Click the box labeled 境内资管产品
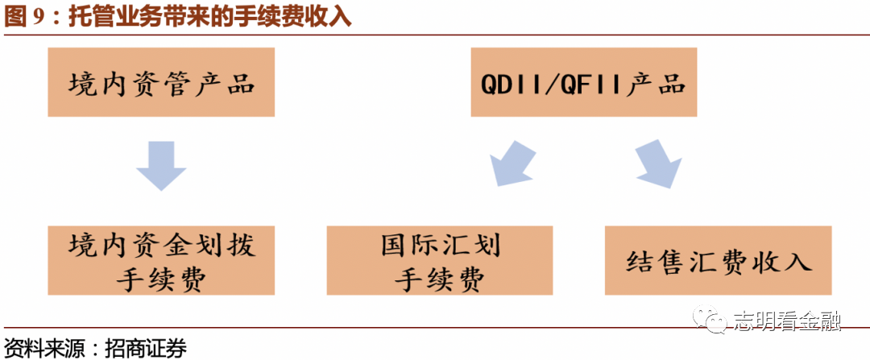[x=161, y=82]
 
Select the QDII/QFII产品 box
[x=584, y=82]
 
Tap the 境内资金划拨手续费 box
[x=161, y=260]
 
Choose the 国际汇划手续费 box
[x=440, y=260]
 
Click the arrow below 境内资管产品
[x=161, y=165]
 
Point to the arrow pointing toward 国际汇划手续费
[x=512, y=163]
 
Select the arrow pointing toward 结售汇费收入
[x=658, y=163]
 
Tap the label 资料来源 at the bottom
[x=39, y=348]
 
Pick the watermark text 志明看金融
[x=787, y=322]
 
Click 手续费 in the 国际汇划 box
[x=440, y=279]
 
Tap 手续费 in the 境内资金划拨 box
[x=161, y=279]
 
